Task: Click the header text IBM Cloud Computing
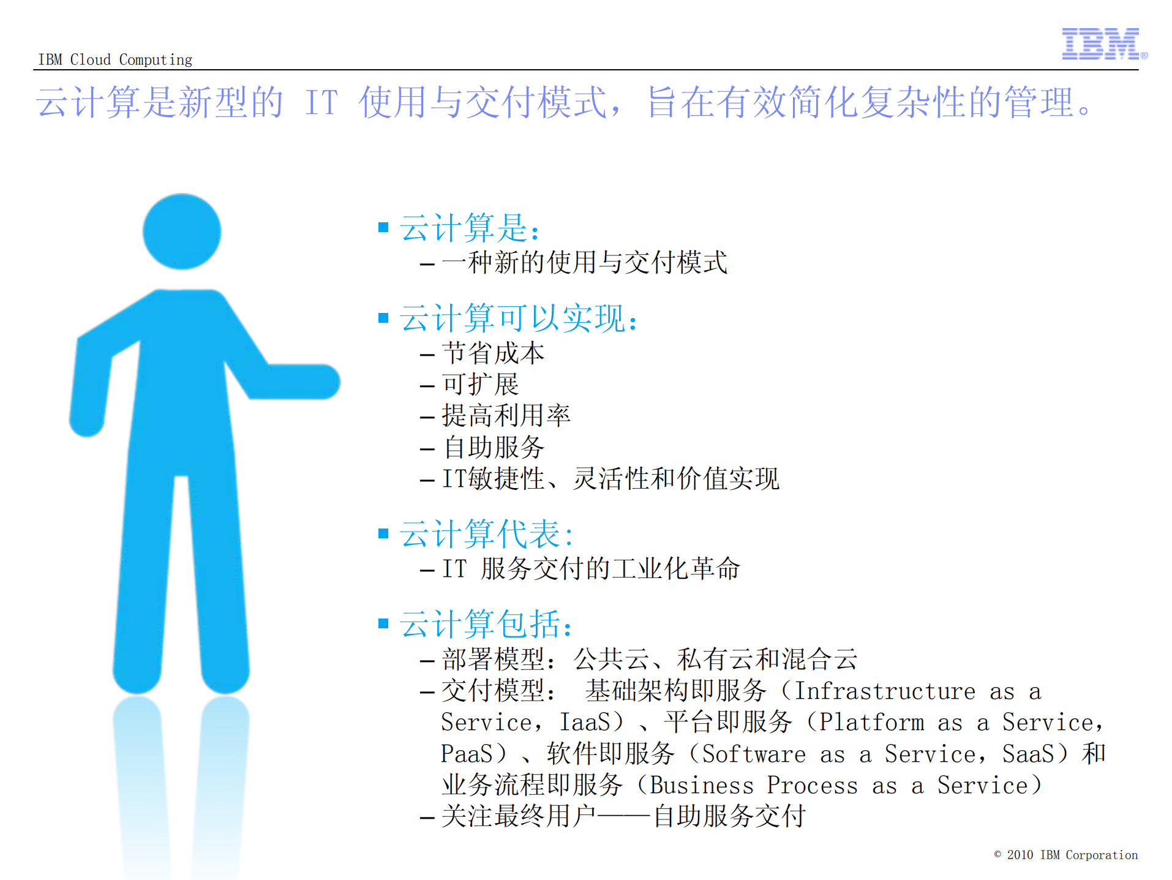pyautogui.click(x=115, y=59)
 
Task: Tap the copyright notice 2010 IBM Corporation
pyautogui.click(x=1065, y=855)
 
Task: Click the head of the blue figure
pyautogui.click(x=182, y=231)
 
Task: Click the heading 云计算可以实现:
pyautogui.click(x=518, y=318)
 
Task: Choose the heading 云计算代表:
pyautogui.click(x=486, y=534)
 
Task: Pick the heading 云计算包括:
pyautogui.click(x=486, y=624)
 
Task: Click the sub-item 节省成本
pyautogui.click(x=493, y=353)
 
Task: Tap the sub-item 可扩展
pyautogui.click(x=480, y=385)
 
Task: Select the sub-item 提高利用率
pyautogui.click(x=506, y=416)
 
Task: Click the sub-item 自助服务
pyautogui.click(x=493, y=447)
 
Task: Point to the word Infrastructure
pyautogui.click(x=884, y=691)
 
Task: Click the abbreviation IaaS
pyautogui.click(x=585, y=722)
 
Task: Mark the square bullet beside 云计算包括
pyautogui.click(x=383, y=623)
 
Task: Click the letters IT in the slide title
pyautogui.click(x=321, y=102)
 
